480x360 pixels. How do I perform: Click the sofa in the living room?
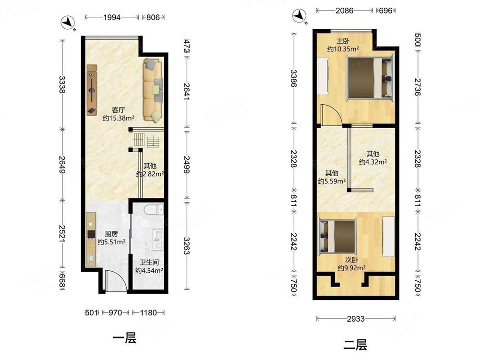click(153, 90)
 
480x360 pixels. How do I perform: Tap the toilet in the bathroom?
click(154, 210)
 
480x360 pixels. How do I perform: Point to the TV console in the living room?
click(92, 90)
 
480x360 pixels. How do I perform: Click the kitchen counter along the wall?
click(91, 240)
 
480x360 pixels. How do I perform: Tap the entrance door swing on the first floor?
click(115, 281)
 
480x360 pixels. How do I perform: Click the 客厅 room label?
click(118, 110)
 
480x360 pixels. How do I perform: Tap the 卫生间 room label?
click(149, 263)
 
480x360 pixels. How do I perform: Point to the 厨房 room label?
click(111, 234)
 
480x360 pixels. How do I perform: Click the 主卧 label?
click(343, 41)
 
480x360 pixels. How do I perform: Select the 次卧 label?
click(351, 260)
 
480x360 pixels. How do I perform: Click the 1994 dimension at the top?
click(112, 17)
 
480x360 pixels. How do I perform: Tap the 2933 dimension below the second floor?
click(356, 319)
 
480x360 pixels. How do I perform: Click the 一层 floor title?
click(125, 338)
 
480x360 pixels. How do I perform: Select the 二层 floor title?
click(355, 345)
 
